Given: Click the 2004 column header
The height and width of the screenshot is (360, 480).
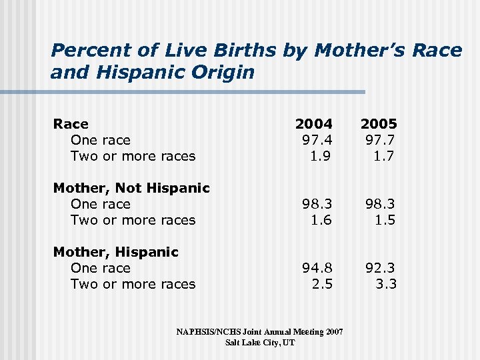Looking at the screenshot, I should (x=313, y=124).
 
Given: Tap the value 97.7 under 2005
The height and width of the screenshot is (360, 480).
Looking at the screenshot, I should (x=381, y=140).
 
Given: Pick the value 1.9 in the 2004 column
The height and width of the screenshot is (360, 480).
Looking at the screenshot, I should (x=321, y=156).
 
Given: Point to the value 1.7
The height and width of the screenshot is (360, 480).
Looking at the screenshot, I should (x=385, y=156).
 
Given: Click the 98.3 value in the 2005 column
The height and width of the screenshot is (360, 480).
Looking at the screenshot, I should (x=381, y=204).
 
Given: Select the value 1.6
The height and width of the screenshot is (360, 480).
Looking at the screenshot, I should (x=321, y=220).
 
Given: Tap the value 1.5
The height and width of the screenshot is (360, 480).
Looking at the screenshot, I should (x=385, y=220).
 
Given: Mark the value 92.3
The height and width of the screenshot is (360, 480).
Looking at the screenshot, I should (x=381, y=268).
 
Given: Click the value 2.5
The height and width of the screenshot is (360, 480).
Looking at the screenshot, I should (x=321, y=284).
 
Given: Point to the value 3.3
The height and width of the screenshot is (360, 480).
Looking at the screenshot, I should (x=385, y=284).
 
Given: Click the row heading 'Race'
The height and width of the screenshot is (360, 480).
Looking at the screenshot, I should (x=71, y=124).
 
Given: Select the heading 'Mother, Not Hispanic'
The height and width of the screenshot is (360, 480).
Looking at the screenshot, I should (x=131, y=188).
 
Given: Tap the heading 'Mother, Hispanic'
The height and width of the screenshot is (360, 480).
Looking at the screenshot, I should (x=115, y=252).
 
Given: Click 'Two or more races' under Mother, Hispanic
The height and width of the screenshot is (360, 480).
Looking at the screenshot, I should (x=133, y=284).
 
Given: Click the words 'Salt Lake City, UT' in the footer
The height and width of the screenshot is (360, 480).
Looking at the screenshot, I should (x=260, y=342).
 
